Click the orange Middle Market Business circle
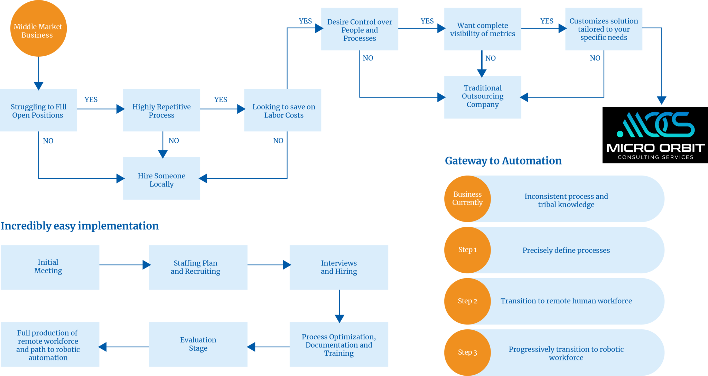(38, 29)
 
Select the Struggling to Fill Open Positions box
(38, 110)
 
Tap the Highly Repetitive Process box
(161, 110)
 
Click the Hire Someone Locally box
(161, 179)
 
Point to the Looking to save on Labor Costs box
(283, 110)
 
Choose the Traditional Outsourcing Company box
(483, 97)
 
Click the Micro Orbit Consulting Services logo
(655, 135)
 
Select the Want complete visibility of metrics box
(483, 29)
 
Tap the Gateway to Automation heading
(503, 161)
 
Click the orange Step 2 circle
(467, 301)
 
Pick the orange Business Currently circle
(467, 199)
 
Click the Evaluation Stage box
(198, 344)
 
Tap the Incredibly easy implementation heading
(80, 226)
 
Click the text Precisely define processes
(566, 250)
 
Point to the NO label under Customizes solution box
(595, 58)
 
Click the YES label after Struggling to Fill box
(91, 100)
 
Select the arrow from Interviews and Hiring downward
(339, 305)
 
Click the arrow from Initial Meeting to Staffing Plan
(124, 265)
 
